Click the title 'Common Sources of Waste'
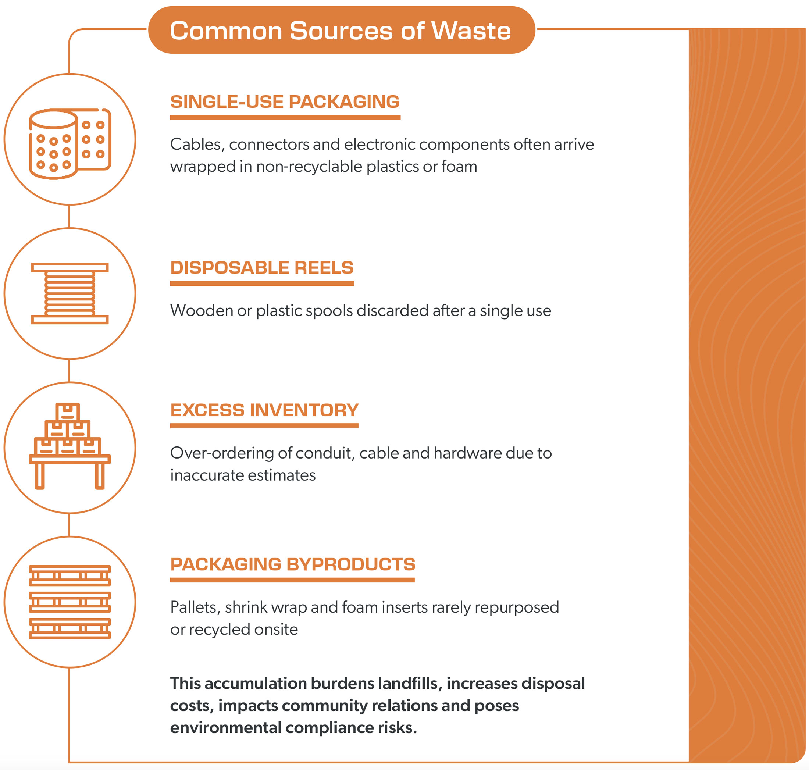[340, 31]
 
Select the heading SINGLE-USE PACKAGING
[285, 102]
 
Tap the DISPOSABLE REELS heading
[262, 268]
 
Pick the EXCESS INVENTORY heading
[264, 410]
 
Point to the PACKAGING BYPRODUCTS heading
[293, 564]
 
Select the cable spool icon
[70, 293]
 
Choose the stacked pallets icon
[70, 602]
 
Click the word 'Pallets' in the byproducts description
[195, 607]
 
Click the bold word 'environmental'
[225, 728]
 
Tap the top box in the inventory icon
[68, 412]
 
